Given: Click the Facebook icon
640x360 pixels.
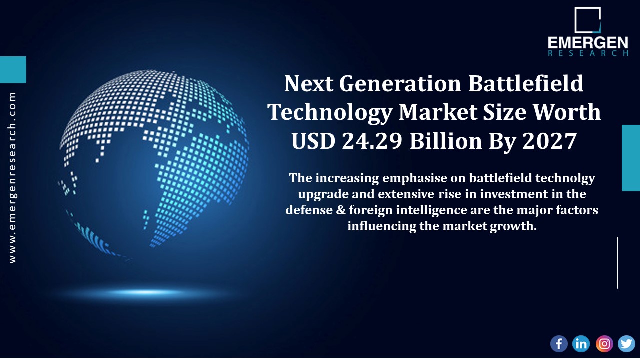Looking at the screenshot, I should pos(559,344).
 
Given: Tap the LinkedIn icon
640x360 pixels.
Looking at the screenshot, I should pos(581,344).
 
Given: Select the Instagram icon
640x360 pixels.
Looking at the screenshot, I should pos(604,344).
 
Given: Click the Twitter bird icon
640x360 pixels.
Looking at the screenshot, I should pos(626,344).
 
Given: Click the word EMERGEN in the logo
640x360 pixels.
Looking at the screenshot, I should pos(588,43).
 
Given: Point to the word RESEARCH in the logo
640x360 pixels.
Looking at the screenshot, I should pos(588,53).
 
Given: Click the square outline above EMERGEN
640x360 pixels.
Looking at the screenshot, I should pos(587,20).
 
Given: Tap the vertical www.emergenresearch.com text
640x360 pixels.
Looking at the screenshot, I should pos(12,178).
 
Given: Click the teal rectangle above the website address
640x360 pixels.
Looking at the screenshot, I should pos(13,69).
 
